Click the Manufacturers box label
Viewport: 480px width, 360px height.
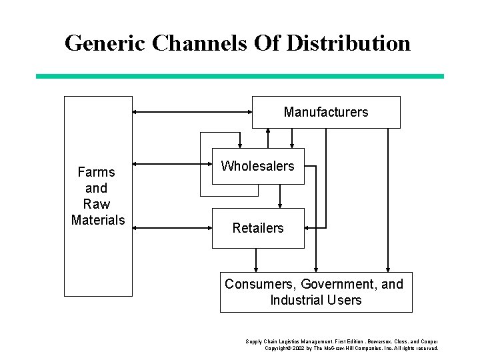point(325,112)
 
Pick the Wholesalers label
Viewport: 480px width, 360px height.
point(257,166)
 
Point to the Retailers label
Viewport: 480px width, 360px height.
point(257,228)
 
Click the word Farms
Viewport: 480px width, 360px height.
point(97,173)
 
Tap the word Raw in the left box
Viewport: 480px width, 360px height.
point(97,204)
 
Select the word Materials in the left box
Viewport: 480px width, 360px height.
point(97,219)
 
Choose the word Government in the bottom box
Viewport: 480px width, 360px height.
point(329,284)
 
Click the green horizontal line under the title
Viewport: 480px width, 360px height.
point(240,76)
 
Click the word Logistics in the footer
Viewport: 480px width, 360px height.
point(284,341)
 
